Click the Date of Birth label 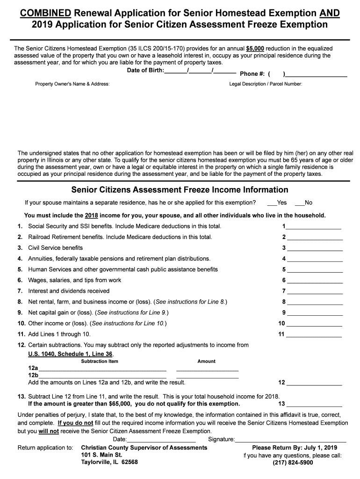(x=145, y=71)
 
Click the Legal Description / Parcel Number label (x=266, y=84)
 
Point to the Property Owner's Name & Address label (x=72, y=84)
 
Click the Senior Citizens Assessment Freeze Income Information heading (x=180, y=190)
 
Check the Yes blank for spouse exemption (x=272, y=203)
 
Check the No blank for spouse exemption (x=299, y=203)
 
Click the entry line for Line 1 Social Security (x=314, y=226)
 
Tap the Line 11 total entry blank (x=314, y=334)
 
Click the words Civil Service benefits (x=55, y=248)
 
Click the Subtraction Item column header (x=100, y=361)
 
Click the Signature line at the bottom (x=290, y=440)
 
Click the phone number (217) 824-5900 (x=293, y=463)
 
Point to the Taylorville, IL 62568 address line (x=109, y=463)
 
